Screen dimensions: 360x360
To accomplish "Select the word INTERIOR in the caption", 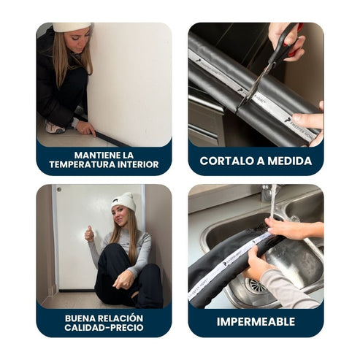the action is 138,164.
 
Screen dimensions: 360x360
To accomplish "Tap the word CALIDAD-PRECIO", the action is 104,328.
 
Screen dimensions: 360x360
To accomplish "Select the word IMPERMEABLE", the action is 256,322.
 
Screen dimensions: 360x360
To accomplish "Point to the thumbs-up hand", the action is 89,234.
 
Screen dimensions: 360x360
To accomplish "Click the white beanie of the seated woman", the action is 123,202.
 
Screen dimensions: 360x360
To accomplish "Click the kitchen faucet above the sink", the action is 267,193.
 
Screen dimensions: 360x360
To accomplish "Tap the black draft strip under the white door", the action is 77,291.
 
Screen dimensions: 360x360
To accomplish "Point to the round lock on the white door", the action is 59,189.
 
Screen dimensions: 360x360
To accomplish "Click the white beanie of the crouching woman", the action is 72,27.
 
